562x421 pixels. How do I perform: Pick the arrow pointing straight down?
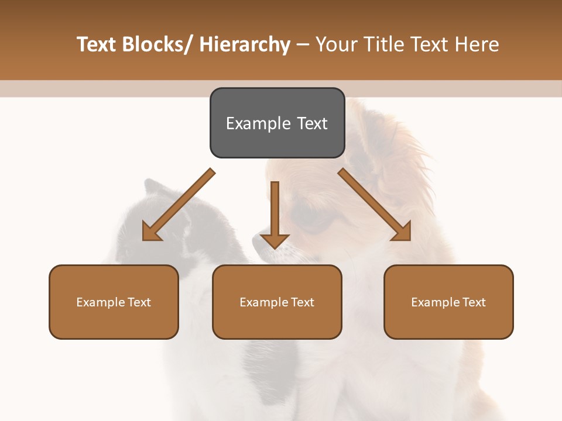(x=275, y=213)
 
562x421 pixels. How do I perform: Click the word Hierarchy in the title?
(x=245, y=44)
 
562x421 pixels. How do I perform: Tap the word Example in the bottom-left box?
(x=101, y=302)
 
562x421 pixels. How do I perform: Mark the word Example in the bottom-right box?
(x=436, y=302)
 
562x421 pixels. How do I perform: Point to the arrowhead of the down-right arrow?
(x=402, y=231)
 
